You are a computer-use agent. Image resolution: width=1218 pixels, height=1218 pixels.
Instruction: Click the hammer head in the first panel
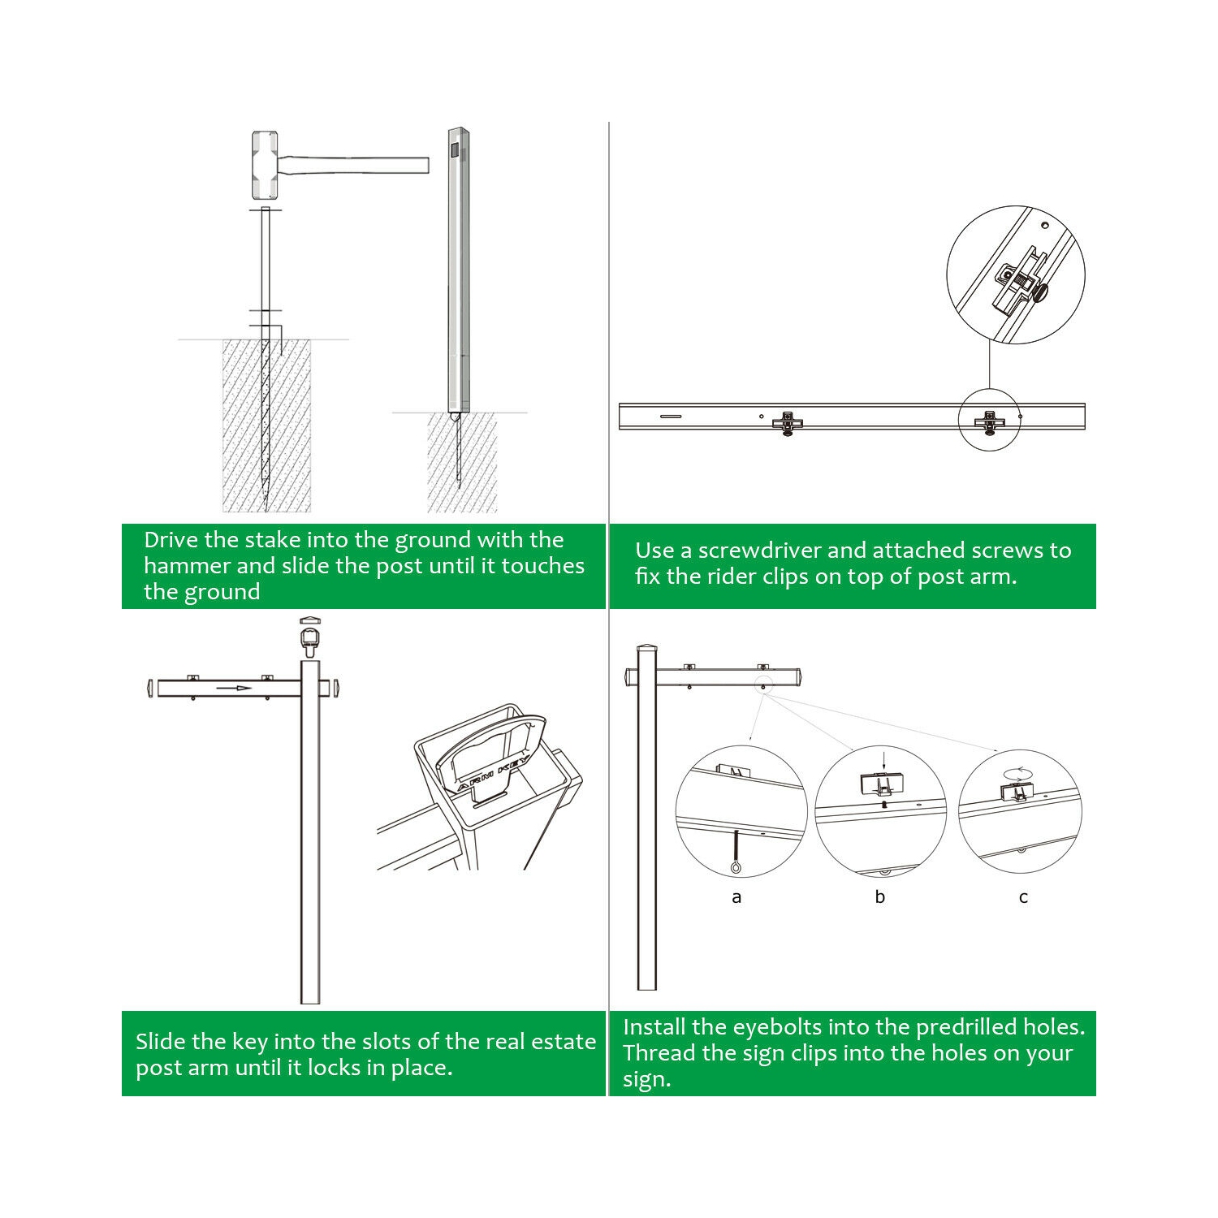point(264,166)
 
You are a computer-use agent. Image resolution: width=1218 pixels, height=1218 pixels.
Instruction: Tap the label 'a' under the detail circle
point(736,897)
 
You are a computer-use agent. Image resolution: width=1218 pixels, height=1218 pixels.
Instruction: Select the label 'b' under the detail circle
point(879,897)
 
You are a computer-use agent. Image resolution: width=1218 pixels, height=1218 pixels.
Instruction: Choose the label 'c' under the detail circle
point(1023,897)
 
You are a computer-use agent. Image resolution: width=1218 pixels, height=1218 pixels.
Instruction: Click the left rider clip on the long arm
point(787,422)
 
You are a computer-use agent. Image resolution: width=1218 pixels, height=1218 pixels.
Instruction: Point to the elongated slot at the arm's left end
point(671,417)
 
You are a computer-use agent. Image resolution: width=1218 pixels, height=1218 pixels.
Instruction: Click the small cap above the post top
point(310,622)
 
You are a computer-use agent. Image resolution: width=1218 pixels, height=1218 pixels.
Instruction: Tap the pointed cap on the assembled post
point(646,647)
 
